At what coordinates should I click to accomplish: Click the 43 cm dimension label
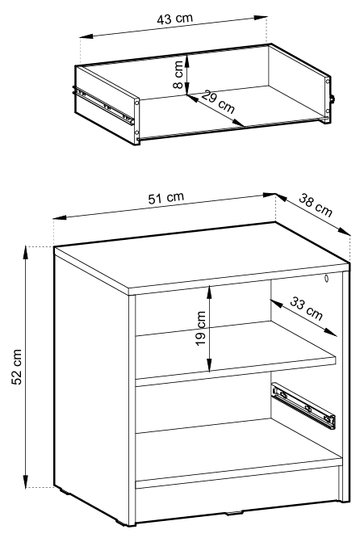coord(175,19)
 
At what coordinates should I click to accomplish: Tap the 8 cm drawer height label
coord(178,74)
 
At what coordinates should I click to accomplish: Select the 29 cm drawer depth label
coord(218,102)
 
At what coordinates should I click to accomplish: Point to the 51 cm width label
coord(166,198)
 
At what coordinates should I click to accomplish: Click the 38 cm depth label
coord(316,205)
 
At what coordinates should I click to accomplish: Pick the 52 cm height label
coord(17,367)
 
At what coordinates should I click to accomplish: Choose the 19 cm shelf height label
coord(200,328)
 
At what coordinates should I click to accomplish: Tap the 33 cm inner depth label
coord(306,309)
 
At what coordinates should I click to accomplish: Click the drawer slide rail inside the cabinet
coord(303,406)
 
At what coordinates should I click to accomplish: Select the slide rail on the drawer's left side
coord(103,105)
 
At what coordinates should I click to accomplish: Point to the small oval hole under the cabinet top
coord(326,278)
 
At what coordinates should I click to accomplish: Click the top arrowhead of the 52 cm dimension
coord(25,252)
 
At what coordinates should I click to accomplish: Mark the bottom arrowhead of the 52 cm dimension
coord(25,481)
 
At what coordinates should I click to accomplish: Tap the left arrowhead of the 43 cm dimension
coord(86,36)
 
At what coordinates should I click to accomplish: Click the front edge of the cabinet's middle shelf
coord(236,368)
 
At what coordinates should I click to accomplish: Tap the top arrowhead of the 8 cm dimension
coord(186,61)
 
